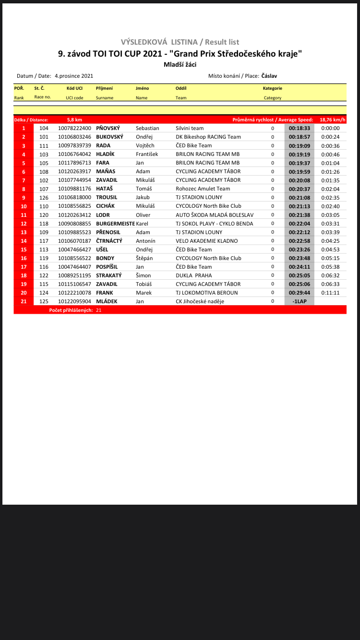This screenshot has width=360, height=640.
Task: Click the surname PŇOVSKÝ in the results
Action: coord(108,128)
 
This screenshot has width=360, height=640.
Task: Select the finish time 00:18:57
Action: coord(299,137)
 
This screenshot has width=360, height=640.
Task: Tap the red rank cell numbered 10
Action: coord(24,206)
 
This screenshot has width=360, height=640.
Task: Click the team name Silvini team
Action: coord(190,128)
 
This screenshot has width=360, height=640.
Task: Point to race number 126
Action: coord(44,198)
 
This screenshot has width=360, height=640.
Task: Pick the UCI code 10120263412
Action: coord(74,215)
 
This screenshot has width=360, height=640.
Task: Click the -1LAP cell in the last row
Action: coord(299,301)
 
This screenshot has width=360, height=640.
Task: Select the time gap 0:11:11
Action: coord(330,293)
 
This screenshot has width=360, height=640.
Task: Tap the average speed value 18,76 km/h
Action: coord(332,119)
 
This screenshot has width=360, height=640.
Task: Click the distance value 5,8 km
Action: coord(74,119)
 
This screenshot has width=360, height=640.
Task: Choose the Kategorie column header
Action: coord(272,88)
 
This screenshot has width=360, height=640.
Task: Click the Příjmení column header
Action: coord(104,88)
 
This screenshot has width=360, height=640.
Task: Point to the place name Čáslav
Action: coord(269,76)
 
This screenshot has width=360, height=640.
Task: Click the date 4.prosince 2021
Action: coord(74,76)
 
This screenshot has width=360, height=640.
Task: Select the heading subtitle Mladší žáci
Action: coord(180,65)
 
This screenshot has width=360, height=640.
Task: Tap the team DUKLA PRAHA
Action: coord(193,275)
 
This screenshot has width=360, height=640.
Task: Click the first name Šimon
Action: coord(143,275)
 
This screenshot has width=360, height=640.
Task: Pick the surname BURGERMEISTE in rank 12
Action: coord(115,224)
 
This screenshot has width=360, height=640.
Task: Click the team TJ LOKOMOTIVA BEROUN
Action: coord(206,293)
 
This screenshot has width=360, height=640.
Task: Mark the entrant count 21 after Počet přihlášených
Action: coord(98,310)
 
